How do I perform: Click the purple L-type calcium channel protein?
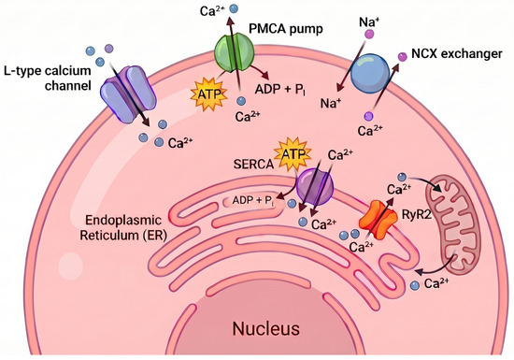pyautogui.click(x=128, y=94)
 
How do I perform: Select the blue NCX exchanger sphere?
pyautogui.click(x=370, y=74)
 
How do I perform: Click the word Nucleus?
pyautogui.click(x=266, y=328)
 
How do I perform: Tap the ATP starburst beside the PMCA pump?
pyautogui.click(x=209, y=94)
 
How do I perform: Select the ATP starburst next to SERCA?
pyautogui.click(x=293, y=153)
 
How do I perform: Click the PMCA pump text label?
pyautogui.click(x=286, y=29)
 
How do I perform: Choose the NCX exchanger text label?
pyautogui.click(x=457, y=54)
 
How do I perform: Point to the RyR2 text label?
pyautogui.click(x=416, y=215)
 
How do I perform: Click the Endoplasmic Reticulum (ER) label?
pyautogui.click(x=123, y=227)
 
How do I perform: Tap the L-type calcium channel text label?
pyautogui.click(x=48, y=78)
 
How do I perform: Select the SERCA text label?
pyautogui.click(x=253, y=164)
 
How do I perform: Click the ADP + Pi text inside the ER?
pyautogui.click(x=253, y=201)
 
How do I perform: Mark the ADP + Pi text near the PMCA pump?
pyautogui.click(x=280, y=89)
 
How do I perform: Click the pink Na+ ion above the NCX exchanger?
pyautogui.click(x=369, y=34)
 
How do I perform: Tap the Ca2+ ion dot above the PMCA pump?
pyautogui.click(x=234, y=8)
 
